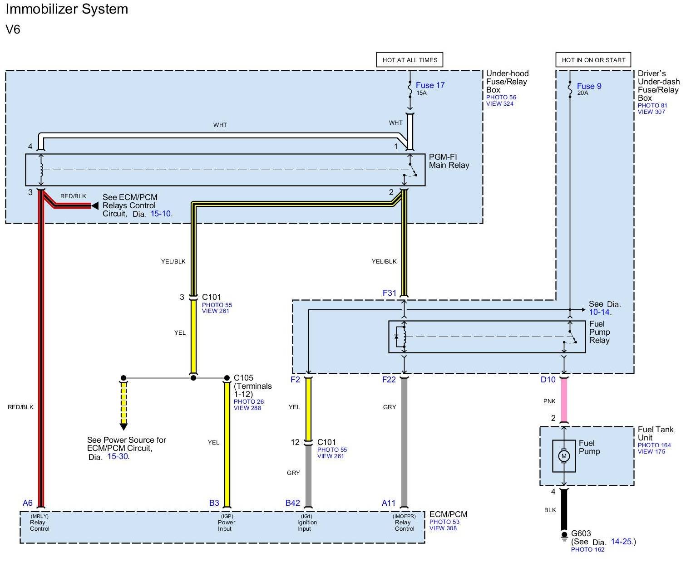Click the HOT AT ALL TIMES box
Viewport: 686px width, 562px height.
(410, 60)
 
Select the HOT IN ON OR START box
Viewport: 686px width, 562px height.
(593, 60)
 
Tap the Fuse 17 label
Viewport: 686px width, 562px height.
(430, 85)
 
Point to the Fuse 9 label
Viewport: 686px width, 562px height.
(589, 86)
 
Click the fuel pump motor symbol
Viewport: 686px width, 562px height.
(564, 456)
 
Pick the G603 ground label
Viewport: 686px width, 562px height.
(581, 533)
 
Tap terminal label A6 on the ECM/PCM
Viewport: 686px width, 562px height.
(28, 503)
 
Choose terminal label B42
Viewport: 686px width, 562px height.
(293, 503)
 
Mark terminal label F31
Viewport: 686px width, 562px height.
(390, 293)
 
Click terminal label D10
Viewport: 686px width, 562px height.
(548, 380)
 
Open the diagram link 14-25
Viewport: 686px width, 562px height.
(621, 542)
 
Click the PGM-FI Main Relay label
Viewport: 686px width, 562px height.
(449, 161)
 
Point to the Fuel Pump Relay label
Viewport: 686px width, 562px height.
(599, 332)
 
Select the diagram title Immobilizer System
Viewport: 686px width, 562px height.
(67, 9)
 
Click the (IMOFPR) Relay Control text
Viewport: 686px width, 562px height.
(404, 523)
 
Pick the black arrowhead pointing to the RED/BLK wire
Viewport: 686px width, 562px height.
(95, 206)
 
